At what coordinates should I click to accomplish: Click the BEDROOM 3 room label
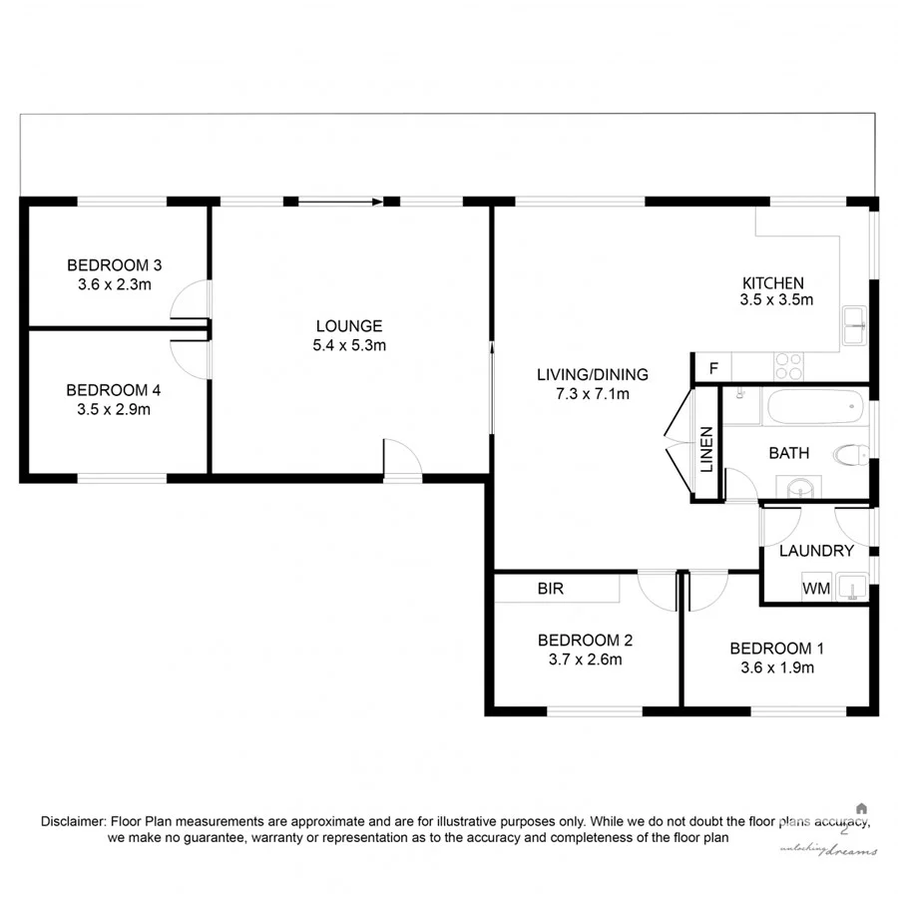coord(114,265)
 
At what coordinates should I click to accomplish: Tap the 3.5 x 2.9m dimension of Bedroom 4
coord(114,408)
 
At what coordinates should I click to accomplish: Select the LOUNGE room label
coord(348,326)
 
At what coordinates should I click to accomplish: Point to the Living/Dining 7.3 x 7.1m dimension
coord(592,393)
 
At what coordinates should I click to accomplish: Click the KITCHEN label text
coord(772,282)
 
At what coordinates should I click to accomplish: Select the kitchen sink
coord(854,326)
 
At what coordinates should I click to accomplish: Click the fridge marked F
coord(712,368)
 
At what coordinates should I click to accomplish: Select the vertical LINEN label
coord(706,450)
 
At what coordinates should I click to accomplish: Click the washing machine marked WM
coord(815,589)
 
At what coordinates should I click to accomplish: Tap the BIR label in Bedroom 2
coord(551,589)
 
